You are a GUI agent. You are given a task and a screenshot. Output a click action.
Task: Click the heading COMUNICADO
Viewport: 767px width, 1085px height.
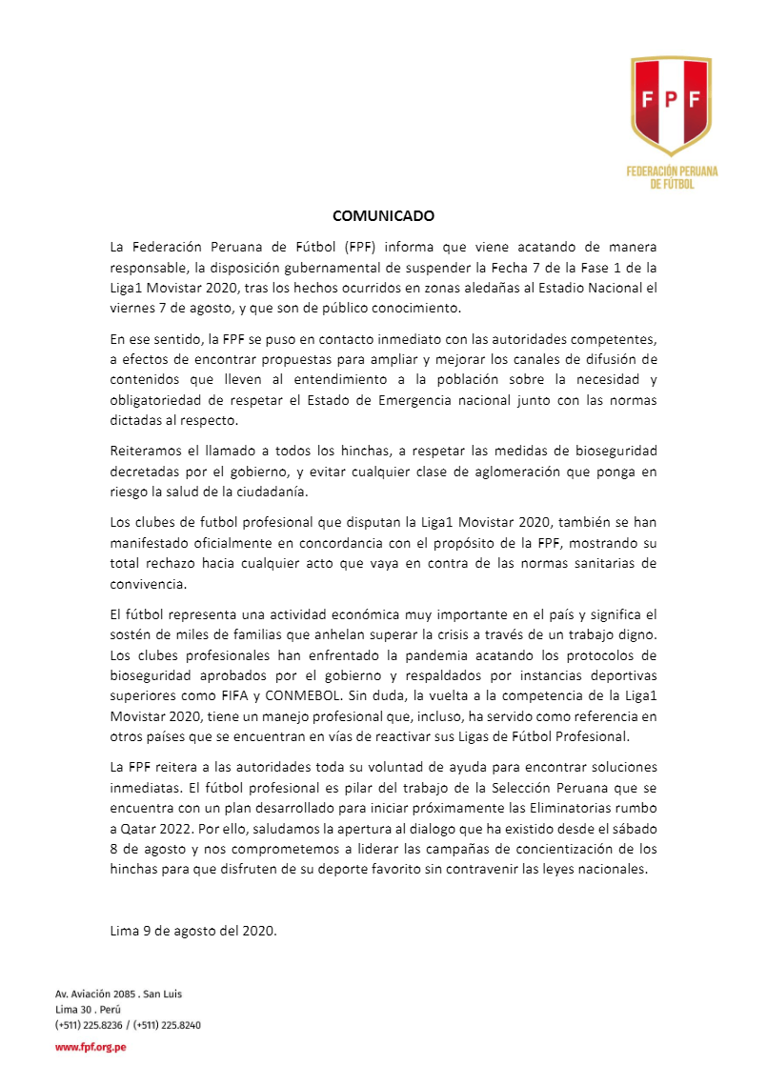click(383, 216)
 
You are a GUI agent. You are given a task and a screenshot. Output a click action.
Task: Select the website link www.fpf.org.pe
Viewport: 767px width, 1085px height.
click(91, 1046)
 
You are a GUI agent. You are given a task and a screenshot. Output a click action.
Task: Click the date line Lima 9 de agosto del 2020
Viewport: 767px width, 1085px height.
click(193, 931)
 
